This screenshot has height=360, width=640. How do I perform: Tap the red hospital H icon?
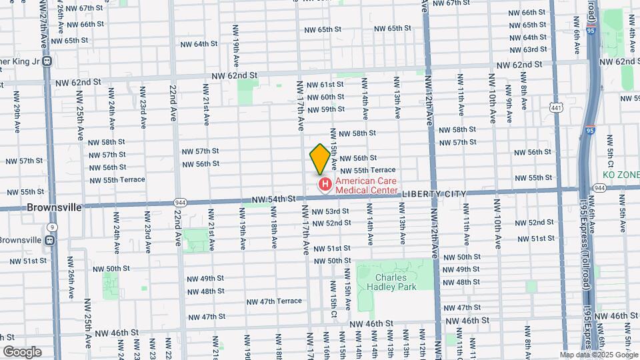pos(325,184)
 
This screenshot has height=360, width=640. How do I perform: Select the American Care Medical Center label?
pos(366,185)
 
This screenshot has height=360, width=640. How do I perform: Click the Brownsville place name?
pos(55,207)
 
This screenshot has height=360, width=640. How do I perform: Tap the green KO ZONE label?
pos(621,175)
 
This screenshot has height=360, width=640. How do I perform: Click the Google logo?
pos(21,351)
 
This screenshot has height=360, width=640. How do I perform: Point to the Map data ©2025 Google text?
pos(598,355)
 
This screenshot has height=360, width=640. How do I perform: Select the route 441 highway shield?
pos(555,107)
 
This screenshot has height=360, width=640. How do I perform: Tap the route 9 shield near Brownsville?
pos(51,227)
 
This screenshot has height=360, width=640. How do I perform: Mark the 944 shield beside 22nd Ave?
pos(181,201)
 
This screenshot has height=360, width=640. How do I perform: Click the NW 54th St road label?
pos(273,199)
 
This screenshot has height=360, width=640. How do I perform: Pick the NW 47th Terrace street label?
pos(272,301)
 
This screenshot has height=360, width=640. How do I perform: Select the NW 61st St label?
pos(325,85)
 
